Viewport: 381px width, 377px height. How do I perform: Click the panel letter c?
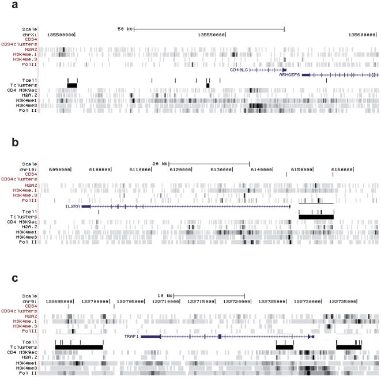5,278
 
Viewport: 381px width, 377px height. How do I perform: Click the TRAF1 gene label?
132,335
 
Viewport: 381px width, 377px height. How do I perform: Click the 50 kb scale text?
125,28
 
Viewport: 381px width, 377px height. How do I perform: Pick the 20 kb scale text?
160,163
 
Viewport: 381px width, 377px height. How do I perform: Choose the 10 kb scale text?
165,296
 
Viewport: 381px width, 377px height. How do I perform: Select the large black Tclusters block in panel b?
316,216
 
